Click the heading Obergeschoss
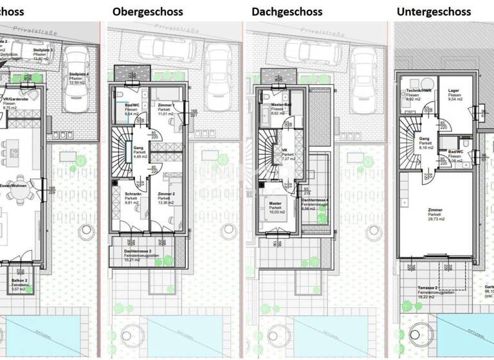pyautogui.click(x=147, y=12)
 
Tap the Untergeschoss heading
pyautogui.click(x=434, y=12)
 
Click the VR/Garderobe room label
pyautogui.click(x=16, y=99)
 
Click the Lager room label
pyautogui.click(x=446, y=93)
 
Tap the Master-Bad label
pyautogui.click(x=279, y=105)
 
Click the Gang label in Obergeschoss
pyautogui.click(x=138, y=147)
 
